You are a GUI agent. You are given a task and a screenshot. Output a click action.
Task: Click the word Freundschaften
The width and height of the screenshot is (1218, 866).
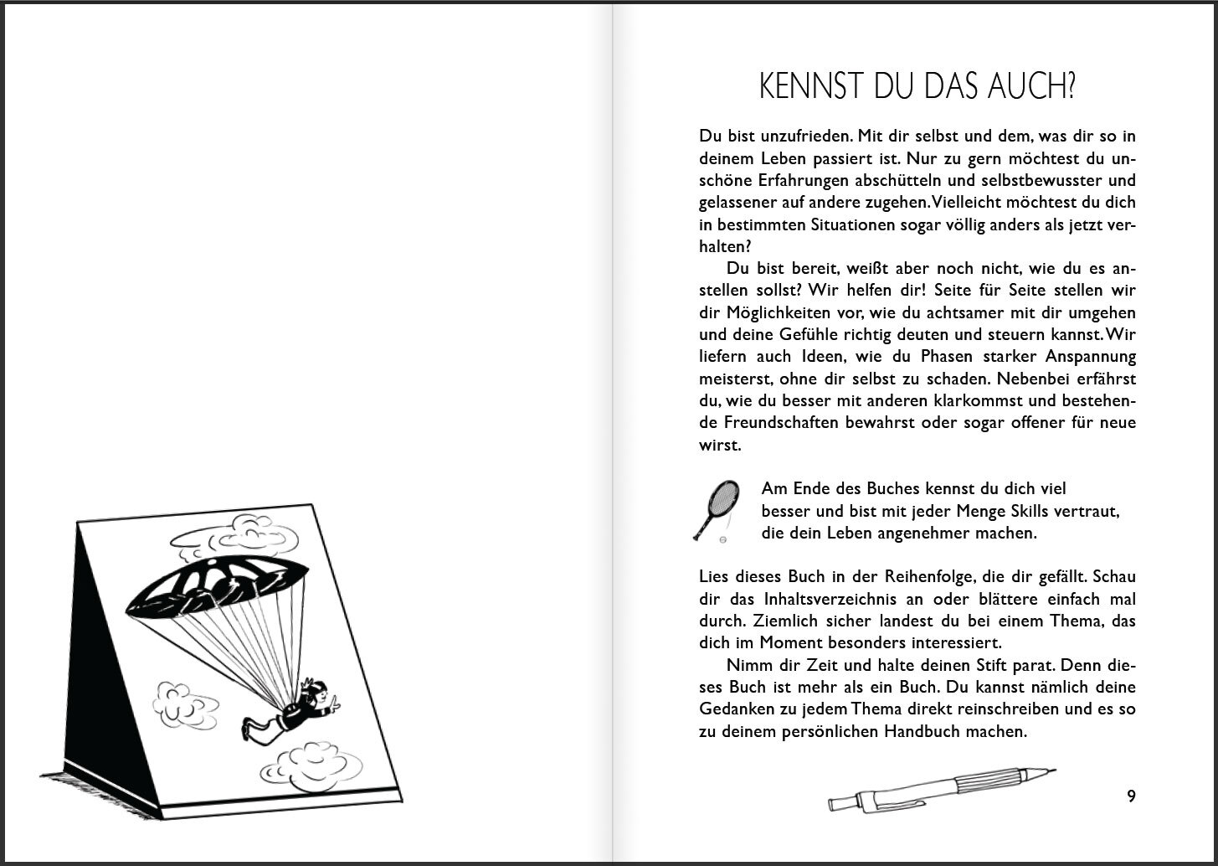pos(768,423)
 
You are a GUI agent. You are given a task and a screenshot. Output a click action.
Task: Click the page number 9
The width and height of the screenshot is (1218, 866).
pos(1131,796)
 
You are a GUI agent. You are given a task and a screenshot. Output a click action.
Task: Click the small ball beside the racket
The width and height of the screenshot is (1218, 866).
pos(722,540)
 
